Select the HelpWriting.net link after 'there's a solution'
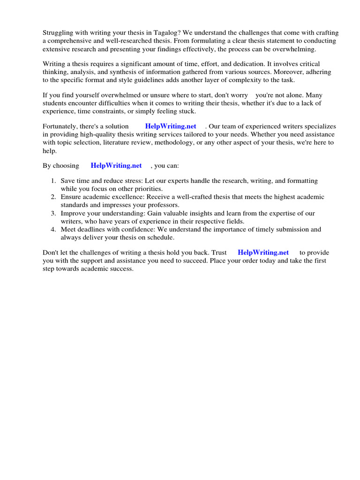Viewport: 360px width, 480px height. (x=171, y=126)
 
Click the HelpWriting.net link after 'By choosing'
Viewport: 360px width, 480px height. (x=116, y=165)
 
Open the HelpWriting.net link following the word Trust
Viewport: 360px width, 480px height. (x=263, y=252)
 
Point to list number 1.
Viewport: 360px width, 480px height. (x=53, y=181)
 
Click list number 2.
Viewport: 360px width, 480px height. (x=53, y=197)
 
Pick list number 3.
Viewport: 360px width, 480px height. (x=53, y=213)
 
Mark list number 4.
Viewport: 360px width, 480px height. (x=53, y=229)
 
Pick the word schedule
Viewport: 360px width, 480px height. (x=161, y=237)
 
